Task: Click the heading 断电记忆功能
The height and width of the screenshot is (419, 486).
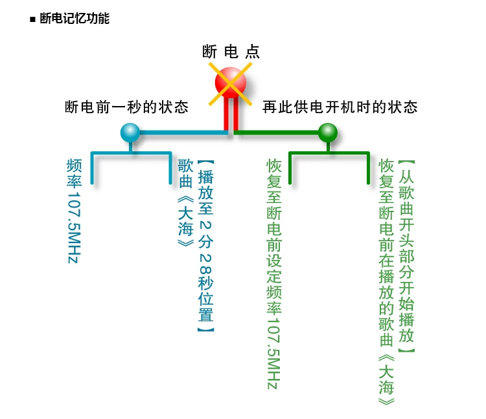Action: tap(74, 19)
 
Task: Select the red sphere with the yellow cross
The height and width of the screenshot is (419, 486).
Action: tap(231, 83)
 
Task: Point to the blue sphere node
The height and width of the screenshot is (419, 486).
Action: tap(130, 133)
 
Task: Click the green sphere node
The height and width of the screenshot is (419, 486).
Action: tap(328, 133)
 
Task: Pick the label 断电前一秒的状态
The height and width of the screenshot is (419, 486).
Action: tap(126, 107)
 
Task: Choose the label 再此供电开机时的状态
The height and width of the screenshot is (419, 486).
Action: tap(340, 107)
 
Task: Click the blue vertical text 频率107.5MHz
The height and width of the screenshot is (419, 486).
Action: tap(73, 210)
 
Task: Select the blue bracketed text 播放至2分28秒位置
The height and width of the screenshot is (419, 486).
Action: tap(205, 246)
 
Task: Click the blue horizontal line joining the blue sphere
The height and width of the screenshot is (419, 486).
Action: tap(181, 133)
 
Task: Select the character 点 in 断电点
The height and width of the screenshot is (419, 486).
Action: tap(253, 52)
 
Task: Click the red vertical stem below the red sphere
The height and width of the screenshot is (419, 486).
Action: tap(227, 116)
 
